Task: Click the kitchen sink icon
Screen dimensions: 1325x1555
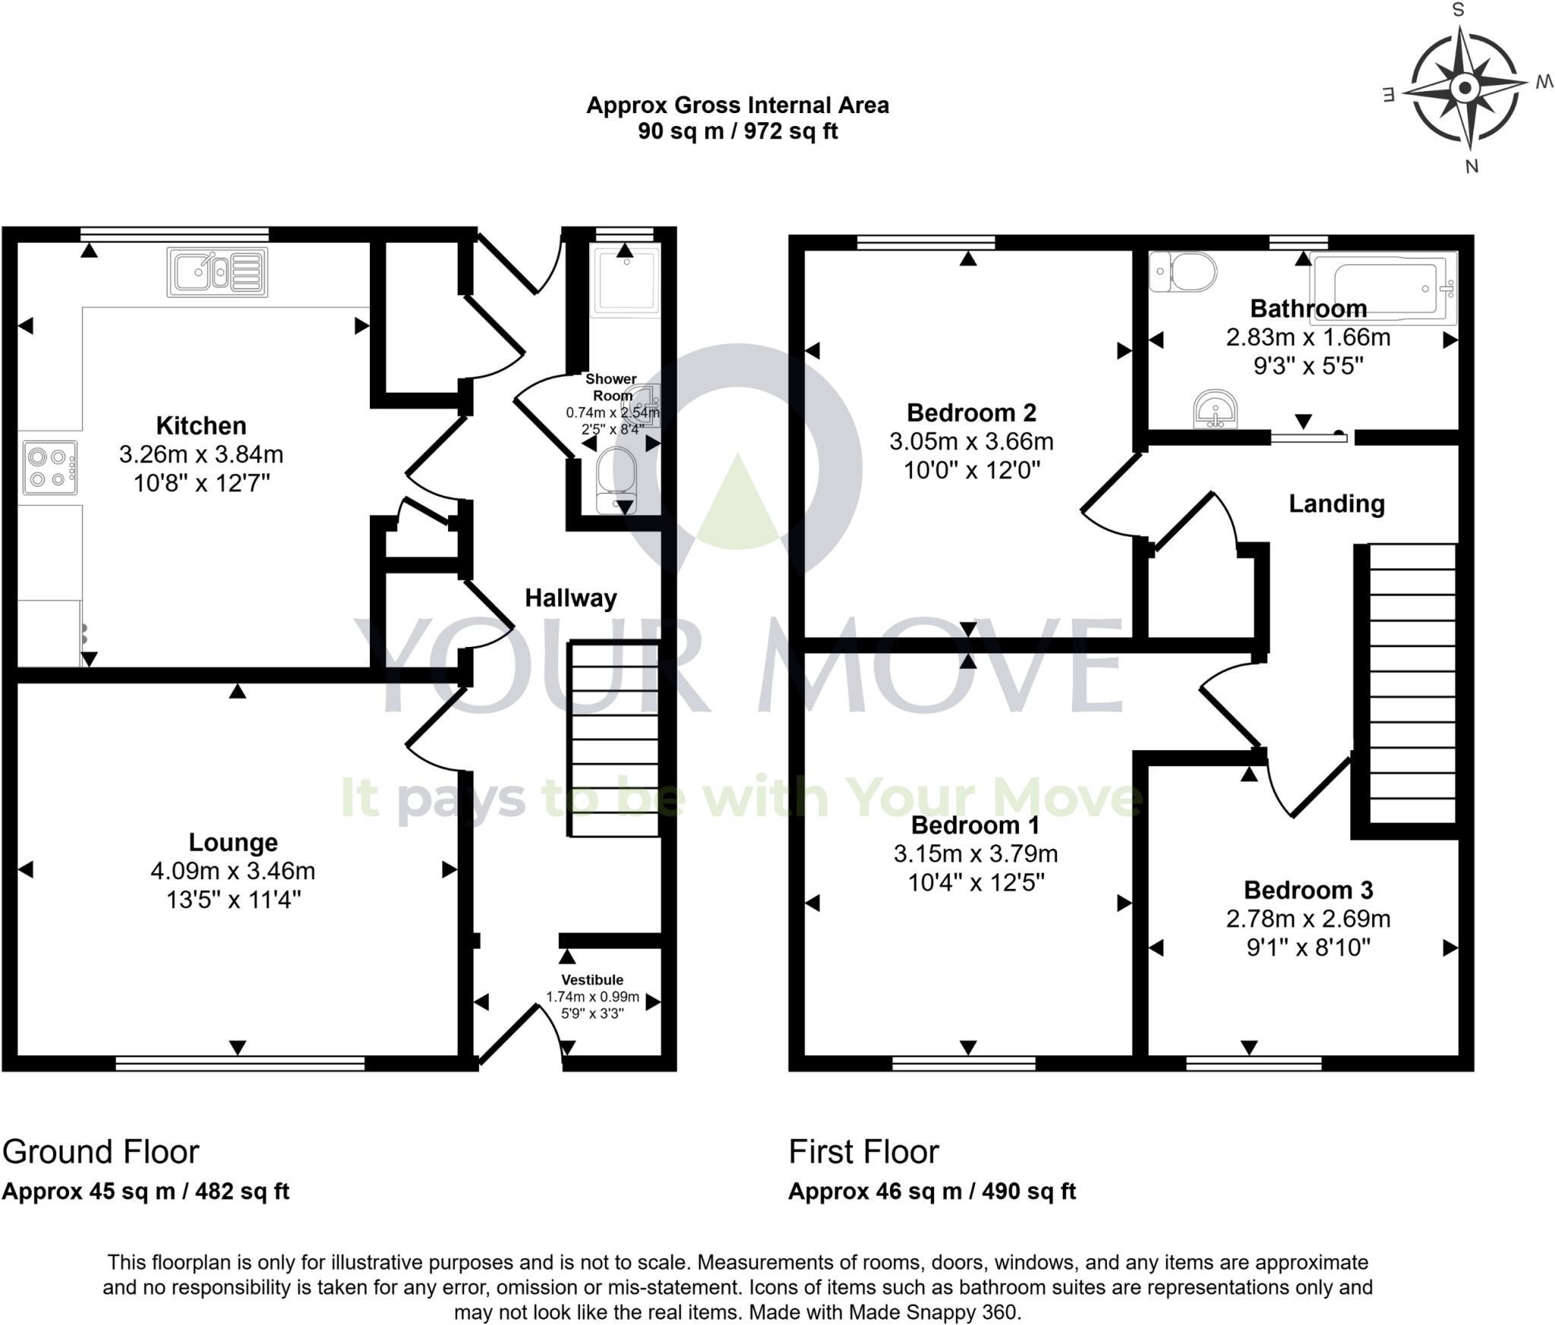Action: pos(217,272)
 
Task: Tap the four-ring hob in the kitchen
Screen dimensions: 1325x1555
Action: pos(49,468)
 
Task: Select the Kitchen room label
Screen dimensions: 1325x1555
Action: pos(201,425)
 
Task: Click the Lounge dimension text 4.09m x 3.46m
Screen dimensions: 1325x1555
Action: pos(233,871)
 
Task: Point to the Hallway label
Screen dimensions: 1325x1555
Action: pos(571,598)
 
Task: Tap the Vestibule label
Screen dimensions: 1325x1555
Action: pos(592,980)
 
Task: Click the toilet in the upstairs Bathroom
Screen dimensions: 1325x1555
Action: pos(1184,272)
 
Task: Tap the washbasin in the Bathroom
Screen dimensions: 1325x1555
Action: pos(1216,410)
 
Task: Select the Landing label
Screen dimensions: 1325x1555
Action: pos(1336,503)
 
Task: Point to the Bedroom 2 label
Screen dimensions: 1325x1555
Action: pos(971,412)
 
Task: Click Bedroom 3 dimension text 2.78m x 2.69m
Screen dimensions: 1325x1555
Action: pos(1308,919)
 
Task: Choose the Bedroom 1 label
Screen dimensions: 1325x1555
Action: pos(975,825)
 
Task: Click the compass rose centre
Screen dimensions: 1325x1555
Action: pos(1465,87)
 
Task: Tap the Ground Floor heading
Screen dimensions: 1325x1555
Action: pos(100,1152)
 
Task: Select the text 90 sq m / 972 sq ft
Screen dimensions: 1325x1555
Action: pos(737,131)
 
